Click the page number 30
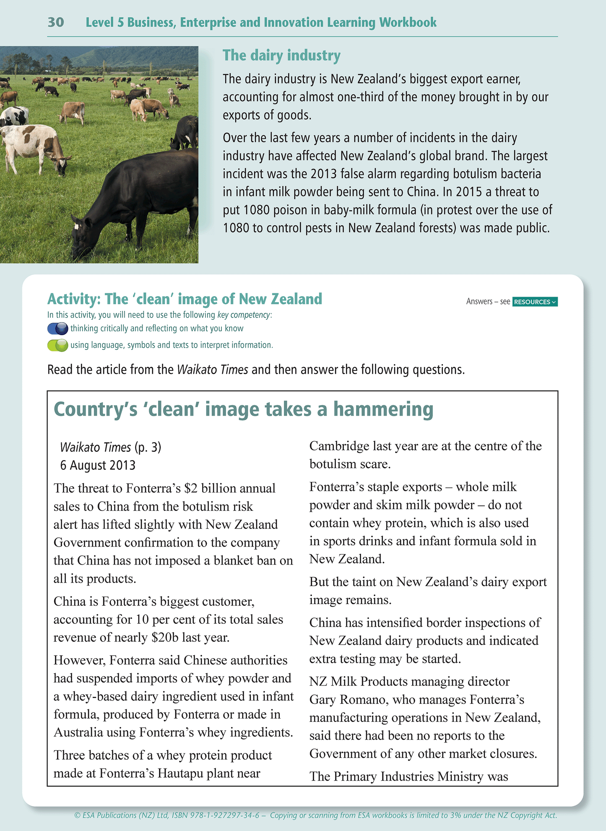click(x=56, y=22)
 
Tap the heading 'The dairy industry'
click(x=281, y=55)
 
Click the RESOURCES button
click(x=535, y=302)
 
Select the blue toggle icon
click(x=57, y=328)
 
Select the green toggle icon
click(x=57, y=345)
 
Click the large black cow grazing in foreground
click(x=138, y=197)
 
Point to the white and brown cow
click(x=34, y=147)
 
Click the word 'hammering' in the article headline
click(x=383, y=409)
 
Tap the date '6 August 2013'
click(x=98, y=465)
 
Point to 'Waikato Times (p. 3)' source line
click(x=111, y=447)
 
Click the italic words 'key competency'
click(x=244, y=315)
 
